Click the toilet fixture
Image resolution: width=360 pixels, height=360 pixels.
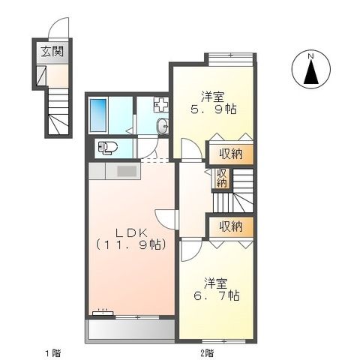[108, 148]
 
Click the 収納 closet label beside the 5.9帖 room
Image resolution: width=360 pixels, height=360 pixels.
[230, 154]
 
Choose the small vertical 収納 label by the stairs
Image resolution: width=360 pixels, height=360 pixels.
[221, 178]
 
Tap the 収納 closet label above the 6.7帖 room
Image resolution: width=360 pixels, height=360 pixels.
[230, 226]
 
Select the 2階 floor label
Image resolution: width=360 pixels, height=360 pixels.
[205, 352]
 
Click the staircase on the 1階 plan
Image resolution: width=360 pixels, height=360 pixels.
[58, 112]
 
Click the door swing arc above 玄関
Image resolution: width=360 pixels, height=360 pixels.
[59, 29]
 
